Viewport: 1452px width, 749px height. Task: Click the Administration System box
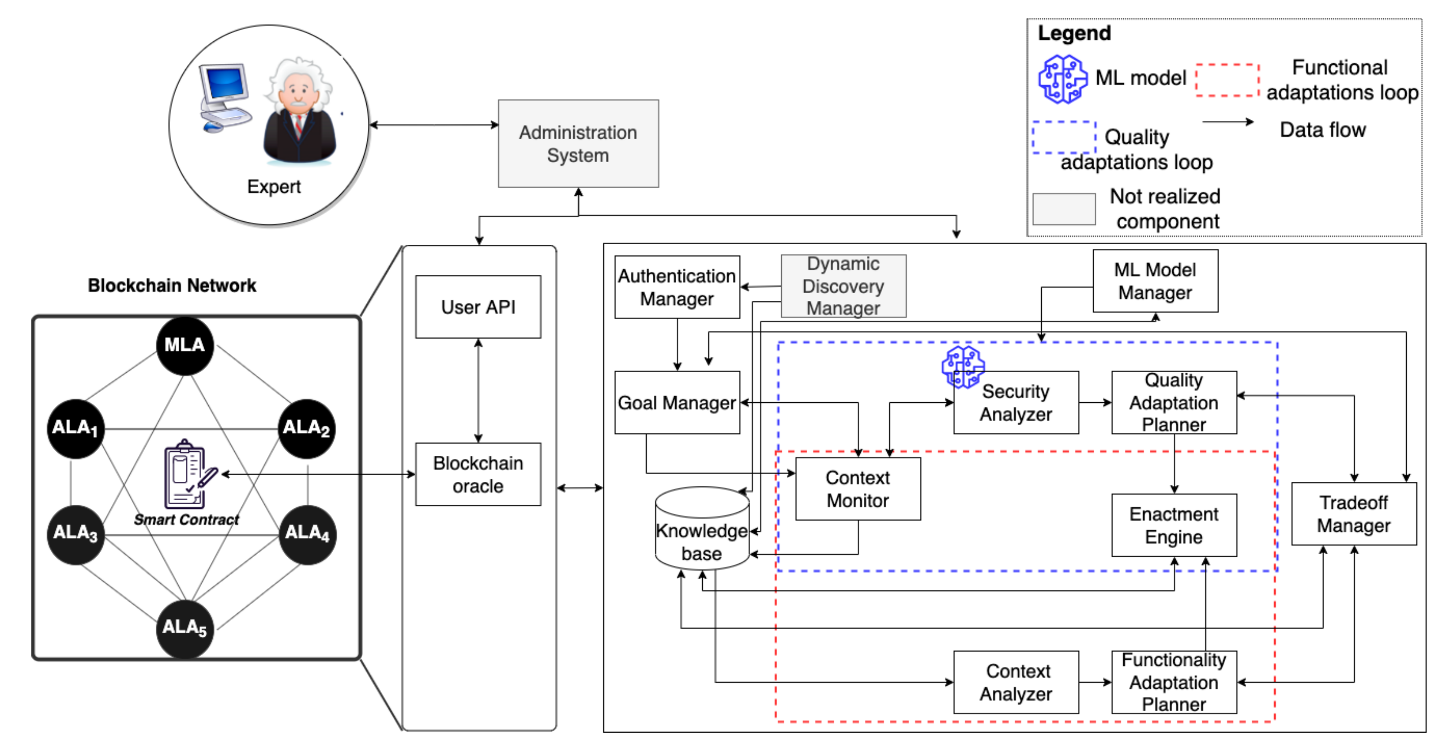(x=578, y=144)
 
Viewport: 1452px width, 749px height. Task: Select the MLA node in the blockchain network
(x=185, y=345)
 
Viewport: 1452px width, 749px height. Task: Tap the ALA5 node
(x=185, y=628)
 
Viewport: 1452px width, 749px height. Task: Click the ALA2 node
(x=306, y=428)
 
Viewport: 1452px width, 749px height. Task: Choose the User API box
(x=478, y=307)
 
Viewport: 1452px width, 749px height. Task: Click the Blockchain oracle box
(x=478, y=475)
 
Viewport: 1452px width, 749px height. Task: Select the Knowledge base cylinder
(x=702, y=530)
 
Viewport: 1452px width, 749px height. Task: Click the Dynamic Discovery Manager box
(x=843, y=286)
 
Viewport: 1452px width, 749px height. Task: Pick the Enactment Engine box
(x=1174, y=525)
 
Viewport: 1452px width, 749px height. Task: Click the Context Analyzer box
(x=1016, y=683)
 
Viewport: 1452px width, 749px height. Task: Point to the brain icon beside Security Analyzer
(x=963, y=367)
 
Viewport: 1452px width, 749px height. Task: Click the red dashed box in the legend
(x=1227, y=80)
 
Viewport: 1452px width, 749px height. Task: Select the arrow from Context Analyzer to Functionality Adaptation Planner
(x=1095, y=683)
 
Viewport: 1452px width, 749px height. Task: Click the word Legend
(x=1074, y=33)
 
